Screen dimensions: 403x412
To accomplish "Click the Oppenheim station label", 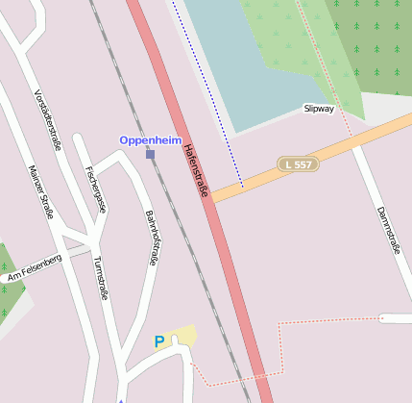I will (151, 140).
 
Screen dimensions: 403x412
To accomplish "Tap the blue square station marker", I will (150, 154).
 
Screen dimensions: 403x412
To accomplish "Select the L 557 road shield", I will (298, 164).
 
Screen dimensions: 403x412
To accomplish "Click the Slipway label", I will (320, 109).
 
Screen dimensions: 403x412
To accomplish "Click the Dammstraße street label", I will (387, 231).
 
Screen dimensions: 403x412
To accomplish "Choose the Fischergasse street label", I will (94, 189).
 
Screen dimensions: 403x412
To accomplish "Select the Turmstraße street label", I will (99, 278).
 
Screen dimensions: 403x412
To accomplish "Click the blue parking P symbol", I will (159, 340).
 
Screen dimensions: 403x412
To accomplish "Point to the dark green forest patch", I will (375, 48).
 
